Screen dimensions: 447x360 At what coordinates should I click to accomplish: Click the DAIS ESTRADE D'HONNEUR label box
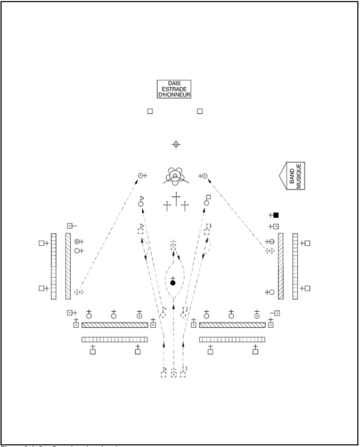click(174, 89)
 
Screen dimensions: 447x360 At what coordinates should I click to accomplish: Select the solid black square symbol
click(276, 215)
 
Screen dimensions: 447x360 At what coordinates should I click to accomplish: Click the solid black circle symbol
click(173, 283)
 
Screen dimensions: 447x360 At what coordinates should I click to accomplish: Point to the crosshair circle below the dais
click(176, 144)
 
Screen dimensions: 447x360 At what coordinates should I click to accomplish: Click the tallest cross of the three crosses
click(176, 201)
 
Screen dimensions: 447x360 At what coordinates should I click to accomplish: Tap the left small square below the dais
click(150, 111)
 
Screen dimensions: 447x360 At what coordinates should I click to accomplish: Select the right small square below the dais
click(200, 111)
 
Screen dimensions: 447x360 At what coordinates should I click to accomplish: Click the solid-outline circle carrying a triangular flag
click(141, 203)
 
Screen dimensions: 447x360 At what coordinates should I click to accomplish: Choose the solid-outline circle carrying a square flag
click(207, 202)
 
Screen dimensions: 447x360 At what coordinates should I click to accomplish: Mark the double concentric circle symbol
click(77, 242)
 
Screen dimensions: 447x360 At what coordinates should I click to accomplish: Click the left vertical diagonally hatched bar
click(68, 266)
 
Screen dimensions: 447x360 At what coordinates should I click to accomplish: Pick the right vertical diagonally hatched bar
click(281, 266)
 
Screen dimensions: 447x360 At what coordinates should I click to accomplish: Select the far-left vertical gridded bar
click(54, 266)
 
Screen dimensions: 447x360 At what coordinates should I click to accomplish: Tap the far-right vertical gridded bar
click(295, 266)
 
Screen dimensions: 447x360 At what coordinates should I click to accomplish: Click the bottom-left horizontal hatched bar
click(114, 325)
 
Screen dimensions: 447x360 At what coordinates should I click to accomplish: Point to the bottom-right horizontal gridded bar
click(232, 340)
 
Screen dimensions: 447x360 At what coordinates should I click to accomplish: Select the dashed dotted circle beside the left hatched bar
click(78, 292)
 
